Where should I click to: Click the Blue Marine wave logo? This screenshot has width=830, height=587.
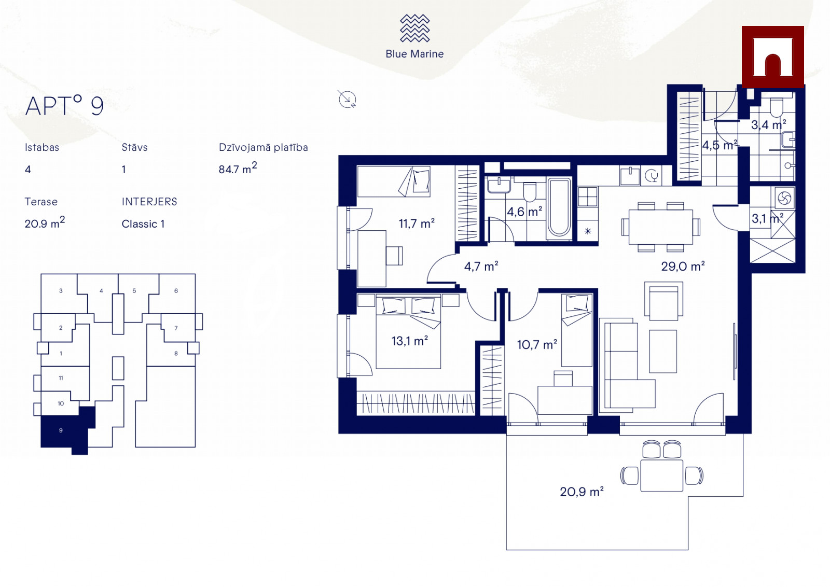click(x=414, y=28)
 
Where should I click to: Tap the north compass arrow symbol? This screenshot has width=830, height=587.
click(x=347, y=99)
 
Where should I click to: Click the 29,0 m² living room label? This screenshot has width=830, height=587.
click(x=683, y=267)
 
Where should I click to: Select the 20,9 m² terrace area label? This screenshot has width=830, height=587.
click(x=582, y=492)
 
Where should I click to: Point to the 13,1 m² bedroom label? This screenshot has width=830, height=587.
click(x=410, y=341)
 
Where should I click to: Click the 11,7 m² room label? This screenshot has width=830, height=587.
click(x=417, y=223)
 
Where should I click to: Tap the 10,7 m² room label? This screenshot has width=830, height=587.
click(x=537, y=345)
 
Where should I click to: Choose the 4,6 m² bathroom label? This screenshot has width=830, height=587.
click(x=524, y=212)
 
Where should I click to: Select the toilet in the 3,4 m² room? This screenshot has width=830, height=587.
click(x=776, y=107)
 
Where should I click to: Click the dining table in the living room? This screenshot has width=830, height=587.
click(x=661, y=227)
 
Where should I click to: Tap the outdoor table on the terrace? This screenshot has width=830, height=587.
click(x=661, y=476)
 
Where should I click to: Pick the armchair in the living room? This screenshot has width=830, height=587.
click(x=663, y=301)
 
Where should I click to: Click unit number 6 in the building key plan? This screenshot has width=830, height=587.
click(x=176, y=291)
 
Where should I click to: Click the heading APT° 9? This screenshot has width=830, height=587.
click(x=64, y=106)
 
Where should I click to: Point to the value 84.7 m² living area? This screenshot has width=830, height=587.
click(x=238, y=168)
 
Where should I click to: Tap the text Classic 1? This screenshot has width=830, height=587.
click(x=143, y=224)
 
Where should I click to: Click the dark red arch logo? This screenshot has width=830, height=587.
click(x=772, y=57)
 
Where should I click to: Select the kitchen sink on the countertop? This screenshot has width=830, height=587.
click(x=630, y=176)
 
